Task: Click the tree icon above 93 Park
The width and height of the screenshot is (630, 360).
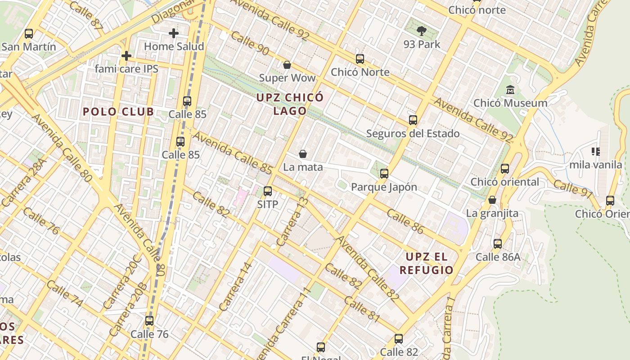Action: point(422,31)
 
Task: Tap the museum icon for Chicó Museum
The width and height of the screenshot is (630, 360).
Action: point(510,90)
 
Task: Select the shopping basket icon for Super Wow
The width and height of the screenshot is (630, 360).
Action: point(287,65)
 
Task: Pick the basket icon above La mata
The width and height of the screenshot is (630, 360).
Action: point(303,154)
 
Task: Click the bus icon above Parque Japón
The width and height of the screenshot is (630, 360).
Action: point(384,174)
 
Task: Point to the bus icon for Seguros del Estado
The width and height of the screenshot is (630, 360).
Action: point(413,120)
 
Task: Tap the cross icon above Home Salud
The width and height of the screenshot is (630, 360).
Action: point(174,33)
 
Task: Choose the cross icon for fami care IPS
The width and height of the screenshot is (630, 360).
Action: point(126,56)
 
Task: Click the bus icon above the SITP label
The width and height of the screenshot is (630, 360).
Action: point(268,191)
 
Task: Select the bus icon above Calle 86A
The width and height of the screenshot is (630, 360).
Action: point(498,244)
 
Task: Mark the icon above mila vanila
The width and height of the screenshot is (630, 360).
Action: point(596,152)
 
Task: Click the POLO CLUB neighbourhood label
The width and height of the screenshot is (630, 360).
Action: point(118,112)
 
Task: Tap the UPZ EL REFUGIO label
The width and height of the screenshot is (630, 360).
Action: point(426,263)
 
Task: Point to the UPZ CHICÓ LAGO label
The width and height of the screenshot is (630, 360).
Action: point(290,104)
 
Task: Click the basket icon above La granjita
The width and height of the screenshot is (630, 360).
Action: point(492,200)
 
